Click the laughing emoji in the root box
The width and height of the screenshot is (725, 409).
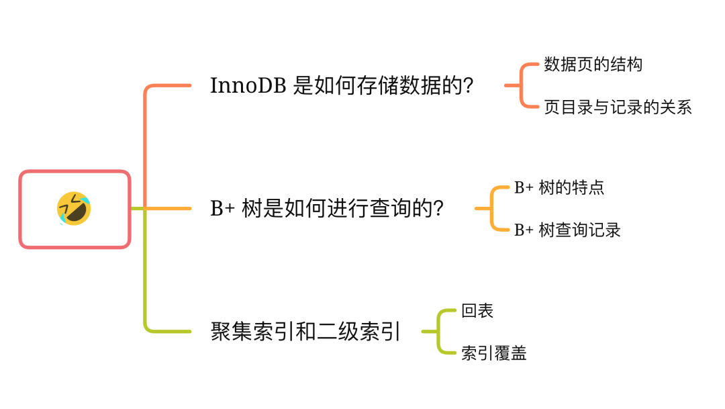(x=74, y=208)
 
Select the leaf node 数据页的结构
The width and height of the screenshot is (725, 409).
(x=593, y=64)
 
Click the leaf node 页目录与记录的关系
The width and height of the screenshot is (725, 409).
(x=618, y=107)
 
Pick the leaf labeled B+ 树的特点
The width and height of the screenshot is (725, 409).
(x=559, y=187)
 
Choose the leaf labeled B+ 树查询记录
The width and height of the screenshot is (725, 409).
(x=567, y=230)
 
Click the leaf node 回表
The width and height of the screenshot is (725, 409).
(x=477, y=311)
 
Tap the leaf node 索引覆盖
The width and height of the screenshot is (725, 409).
(x=493, y=354)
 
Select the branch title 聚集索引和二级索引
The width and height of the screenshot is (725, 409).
(x=305, y=332)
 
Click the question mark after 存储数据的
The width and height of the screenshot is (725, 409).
(x=468, y=86)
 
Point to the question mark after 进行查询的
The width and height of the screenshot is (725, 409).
(x=437, y=209)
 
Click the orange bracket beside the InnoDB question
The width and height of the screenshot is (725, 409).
(x=520, y=86)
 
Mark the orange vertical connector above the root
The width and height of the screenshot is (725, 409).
(x=145, y=141)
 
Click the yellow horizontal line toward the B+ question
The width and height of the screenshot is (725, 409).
(x=168, y=209)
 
